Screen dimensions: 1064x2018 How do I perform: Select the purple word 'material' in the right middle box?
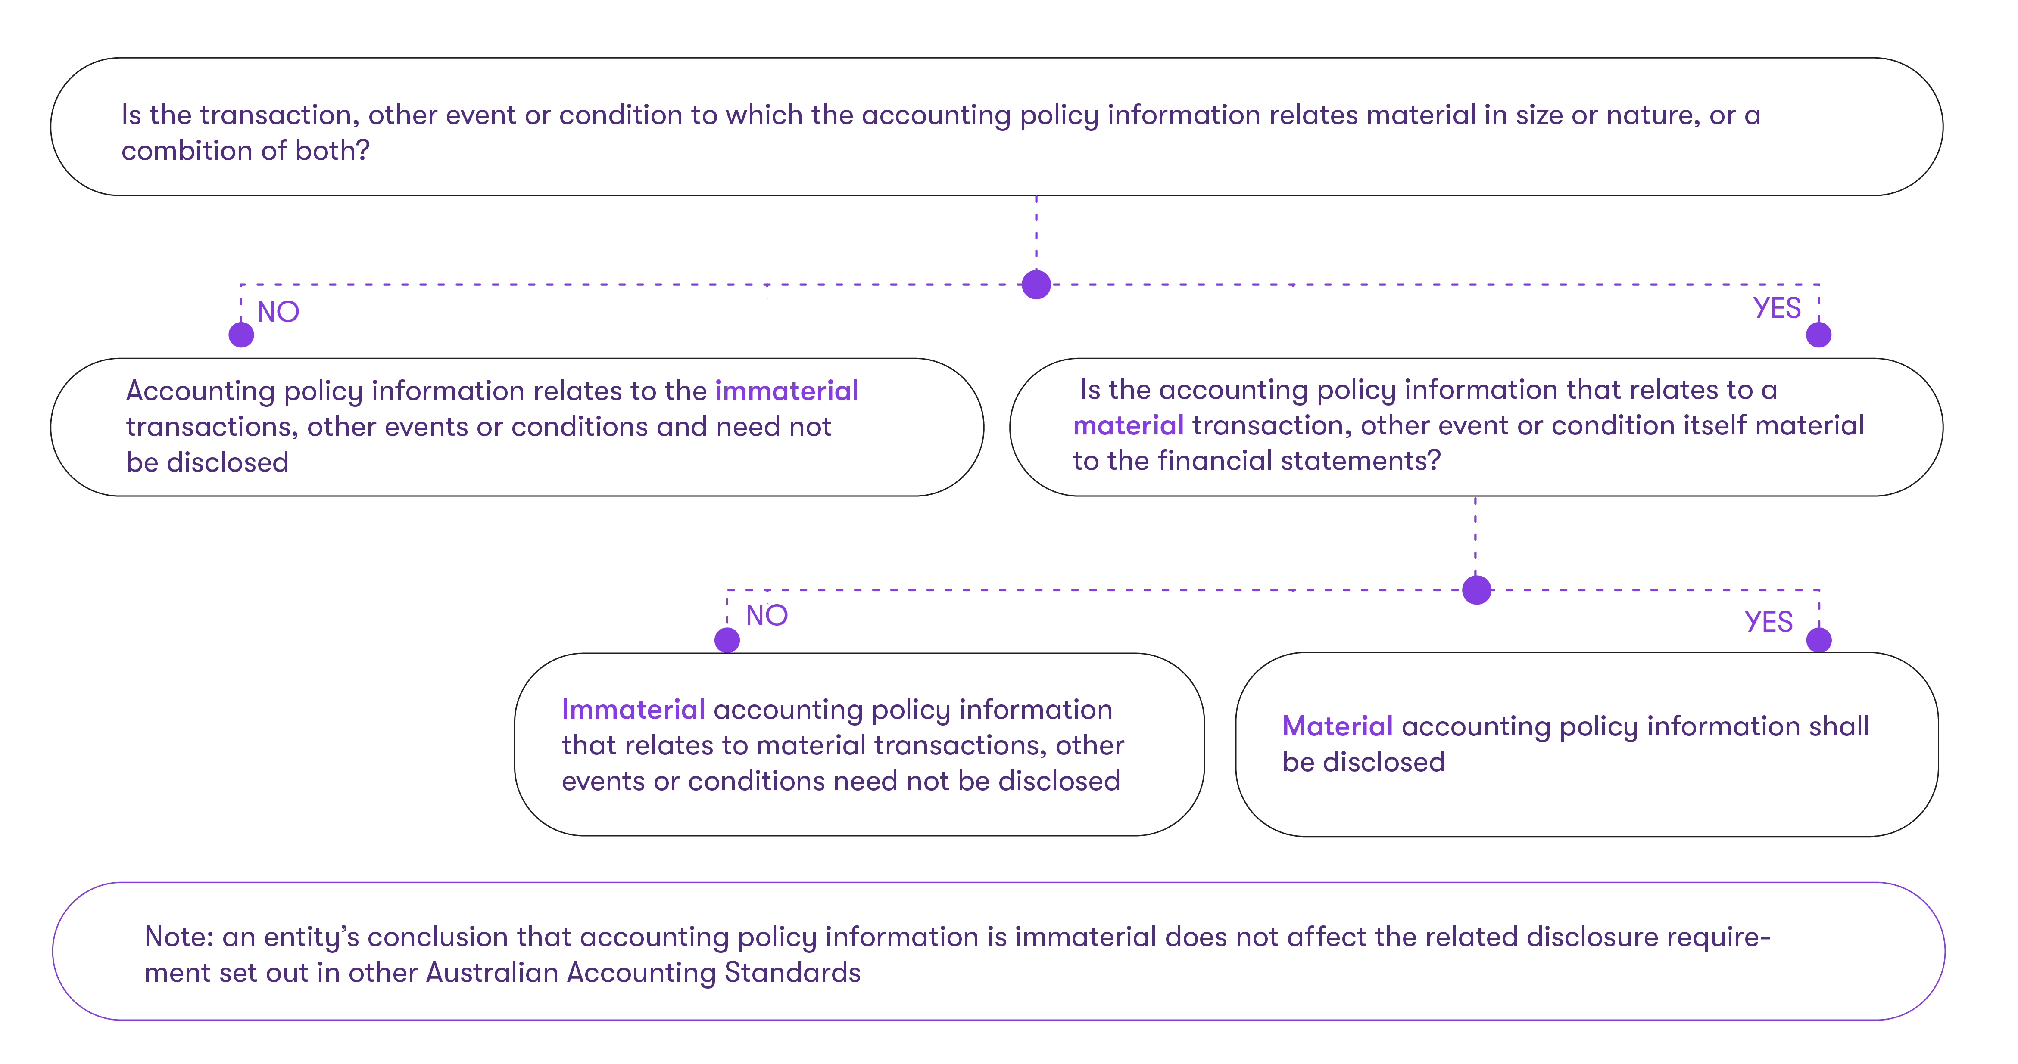(x=1128, y=426)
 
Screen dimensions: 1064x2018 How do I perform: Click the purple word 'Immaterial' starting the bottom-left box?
(x=633, y=709)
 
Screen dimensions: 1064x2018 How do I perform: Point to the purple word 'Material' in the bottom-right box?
(x=1337, y=726)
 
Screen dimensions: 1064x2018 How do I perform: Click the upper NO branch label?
(x=278, y=312)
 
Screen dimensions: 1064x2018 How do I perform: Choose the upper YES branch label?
(x=1776, y=308)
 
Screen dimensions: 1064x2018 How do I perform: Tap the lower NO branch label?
(x=766, y=615)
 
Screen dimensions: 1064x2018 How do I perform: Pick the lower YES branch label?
(x=1768, y=622)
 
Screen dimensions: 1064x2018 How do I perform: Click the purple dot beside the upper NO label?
(x=241, y=335)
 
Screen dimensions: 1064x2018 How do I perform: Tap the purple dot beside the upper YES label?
(x=1818, y=335)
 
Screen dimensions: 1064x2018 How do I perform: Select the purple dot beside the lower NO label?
(x=727, y=640)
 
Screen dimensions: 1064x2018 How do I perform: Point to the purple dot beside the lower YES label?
(x=1818, y=640)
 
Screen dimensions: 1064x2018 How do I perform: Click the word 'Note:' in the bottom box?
(x=178, y=937)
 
